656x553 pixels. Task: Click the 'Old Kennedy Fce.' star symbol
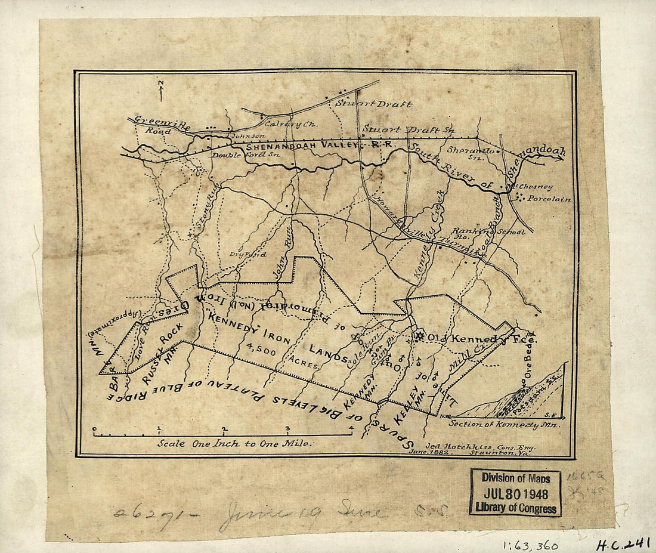pyautogui.click(x=420, y=336)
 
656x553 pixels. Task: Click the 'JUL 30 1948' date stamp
pyautogui.click(x=515, y=494)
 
